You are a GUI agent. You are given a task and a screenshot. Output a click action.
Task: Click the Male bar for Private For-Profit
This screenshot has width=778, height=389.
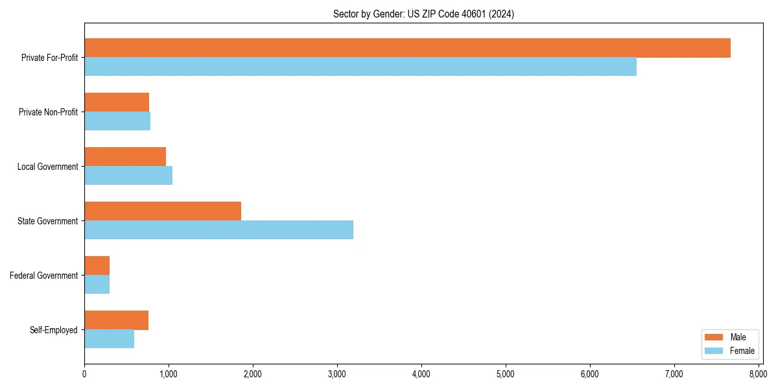coord(407,48)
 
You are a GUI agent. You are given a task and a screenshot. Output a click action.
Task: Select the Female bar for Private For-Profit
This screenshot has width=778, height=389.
coord(360,67)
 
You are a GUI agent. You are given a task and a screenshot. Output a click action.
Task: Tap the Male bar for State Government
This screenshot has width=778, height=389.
coord(163,211)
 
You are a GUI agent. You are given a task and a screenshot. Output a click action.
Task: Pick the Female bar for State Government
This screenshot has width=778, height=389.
coord(218,230)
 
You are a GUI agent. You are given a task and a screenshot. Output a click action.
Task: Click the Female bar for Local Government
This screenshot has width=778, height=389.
coord(128,175)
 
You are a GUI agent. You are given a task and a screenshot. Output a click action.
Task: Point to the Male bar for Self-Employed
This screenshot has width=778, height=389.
coord(117,320)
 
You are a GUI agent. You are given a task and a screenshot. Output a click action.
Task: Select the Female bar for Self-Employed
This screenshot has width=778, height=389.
coord(109,338)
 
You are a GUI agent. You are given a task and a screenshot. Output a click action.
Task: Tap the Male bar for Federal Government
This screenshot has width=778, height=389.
coord(97,266)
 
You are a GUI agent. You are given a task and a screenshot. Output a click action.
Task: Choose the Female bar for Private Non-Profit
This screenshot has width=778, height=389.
coord(117,121)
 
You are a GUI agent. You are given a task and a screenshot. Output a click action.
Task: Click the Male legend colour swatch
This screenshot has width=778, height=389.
coord(713,337)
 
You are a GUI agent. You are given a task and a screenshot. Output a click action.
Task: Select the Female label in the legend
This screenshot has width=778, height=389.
coord(742,351)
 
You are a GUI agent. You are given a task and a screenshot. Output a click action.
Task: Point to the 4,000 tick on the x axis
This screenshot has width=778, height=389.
coord(421,373)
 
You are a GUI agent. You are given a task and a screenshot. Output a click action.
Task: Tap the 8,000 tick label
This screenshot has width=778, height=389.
coord(758,373)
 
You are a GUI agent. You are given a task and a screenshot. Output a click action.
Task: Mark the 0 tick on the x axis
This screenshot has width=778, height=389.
coord(84,373)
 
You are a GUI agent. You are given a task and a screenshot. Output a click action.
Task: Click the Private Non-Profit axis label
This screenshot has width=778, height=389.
coord(48,112)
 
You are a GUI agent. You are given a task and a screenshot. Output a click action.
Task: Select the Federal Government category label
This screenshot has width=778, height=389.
coord(44,276)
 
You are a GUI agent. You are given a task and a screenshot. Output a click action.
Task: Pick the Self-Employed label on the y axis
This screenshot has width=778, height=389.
coord(54,330)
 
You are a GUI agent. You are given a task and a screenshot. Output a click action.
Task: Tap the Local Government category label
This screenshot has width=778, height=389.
coord(48,167)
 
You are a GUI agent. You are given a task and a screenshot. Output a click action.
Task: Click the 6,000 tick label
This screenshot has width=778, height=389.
coord(589,373)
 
